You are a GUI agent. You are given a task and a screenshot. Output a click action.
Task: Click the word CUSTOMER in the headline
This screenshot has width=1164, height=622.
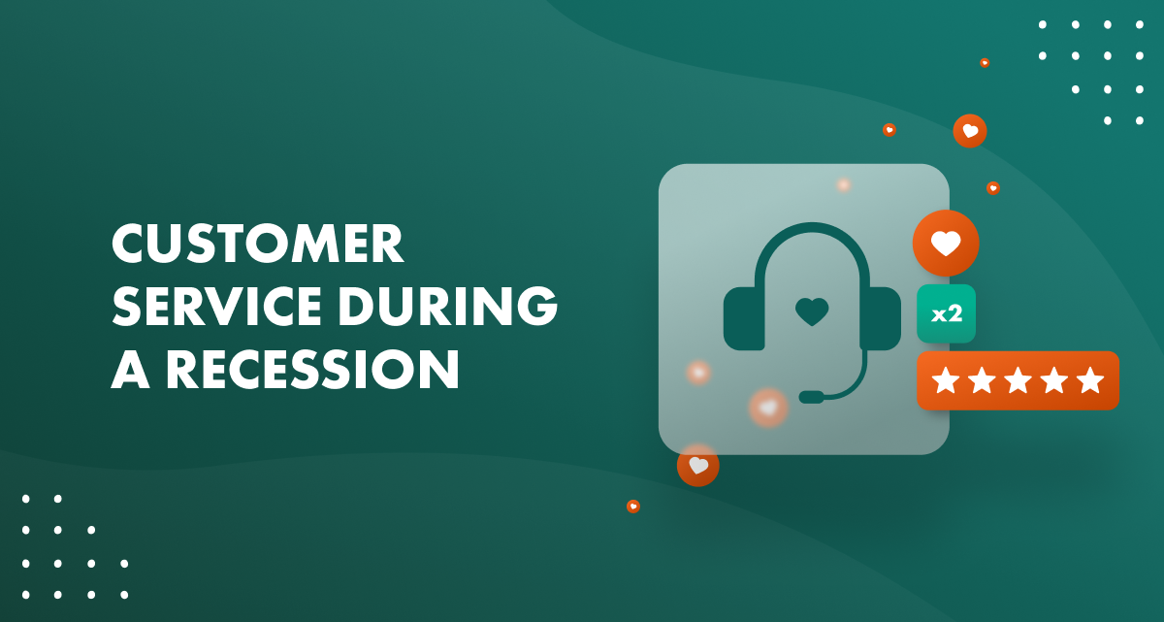click(x=257, y=245)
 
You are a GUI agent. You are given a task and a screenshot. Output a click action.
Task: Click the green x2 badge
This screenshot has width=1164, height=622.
click(x=946, y=313)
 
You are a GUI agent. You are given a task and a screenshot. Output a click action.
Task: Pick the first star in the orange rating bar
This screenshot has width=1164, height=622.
click(x=946, y=380)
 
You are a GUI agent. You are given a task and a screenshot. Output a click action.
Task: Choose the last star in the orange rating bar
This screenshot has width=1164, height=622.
click(x=1090, y=380)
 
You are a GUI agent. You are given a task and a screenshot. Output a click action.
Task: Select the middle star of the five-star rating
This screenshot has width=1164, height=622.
click(x=1018, y=380)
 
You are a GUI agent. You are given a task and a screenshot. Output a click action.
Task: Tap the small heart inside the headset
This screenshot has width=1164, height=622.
click(x=812, y=311)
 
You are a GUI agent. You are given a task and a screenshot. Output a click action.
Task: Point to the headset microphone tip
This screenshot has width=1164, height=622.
click(x=811, y=397)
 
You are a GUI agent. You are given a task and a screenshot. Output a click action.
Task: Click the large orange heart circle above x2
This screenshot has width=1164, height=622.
click(x=946, y=243)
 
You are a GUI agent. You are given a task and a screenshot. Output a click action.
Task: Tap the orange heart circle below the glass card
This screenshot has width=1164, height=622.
click(x=698, y=465)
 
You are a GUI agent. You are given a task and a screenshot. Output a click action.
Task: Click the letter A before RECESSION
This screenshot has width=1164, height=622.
click(x=130, y=371)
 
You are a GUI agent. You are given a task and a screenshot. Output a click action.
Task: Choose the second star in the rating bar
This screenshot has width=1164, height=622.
click(x=982, y=380)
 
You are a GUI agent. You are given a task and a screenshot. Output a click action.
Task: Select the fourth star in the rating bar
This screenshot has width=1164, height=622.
click(x=1054, y=380)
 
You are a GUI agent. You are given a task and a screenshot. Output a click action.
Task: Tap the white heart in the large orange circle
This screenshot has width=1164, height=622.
click(x=946, y=243)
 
